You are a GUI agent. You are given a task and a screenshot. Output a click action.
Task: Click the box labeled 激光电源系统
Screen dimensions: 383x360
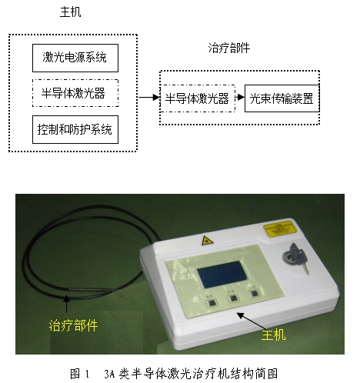(75, 56)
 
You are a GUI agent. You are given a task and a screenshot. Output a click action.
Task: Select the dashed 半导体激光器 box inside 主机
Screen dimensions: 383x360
(75, 92)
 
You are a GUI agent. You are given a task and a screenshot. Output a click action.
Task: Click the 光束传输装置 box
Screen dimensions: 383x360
(280, 98)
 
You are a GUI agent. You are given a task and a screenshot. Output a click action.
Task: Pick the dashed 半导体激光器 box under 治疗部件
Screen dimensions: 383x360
(197, 98)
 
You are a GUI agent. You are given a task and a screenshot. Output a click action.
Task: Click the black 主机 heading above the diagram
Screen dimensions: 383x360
(70, 13)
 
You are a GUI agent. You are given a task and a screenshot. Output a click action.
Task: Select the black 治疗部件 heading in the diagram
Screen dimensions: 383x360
(228, 48)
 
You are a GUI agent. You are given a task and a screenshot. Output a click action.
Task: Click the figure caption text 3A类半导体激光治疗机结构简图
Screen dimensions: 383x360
(201, 373)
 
